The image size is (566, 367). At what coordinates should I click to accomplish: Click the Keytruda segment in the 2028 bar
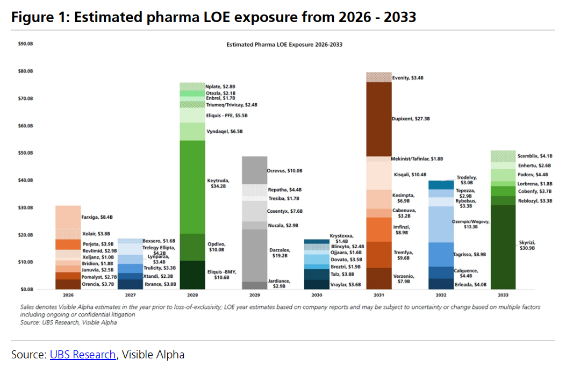tap(192, 187)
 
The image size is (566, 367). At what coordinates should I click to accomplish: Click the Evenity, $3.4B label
tap(408, 78)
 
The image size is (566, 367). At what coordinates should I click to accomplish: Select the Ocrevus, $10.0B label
tap(285, 170)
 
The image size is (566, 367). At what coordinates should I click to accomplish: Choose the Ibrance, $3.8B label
tap(160, 284)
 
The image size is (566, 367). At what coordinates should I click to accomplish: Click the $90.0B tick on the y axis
tap(25, 44)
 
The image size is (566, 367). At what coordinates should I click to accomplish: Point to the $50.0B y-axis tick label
tap(25, 153)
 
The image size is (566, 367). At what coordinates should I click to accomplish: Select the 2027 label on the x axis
tap(131, 295)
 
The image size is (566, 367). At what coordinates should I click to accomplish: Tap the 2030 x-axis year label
tap(317, 295)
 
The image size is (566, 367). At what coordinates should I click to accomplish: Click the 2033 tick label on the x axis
tap(504, 295)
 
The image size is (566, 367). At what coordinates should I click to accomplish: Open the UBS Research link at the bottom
tap(83, 355)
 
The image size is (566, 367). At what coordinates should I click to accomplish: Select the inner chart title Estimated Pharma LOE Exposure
tap(284, 45)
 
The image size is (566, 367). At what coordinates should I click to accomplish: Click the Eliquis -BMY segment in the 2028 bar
tap(192, 275)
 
